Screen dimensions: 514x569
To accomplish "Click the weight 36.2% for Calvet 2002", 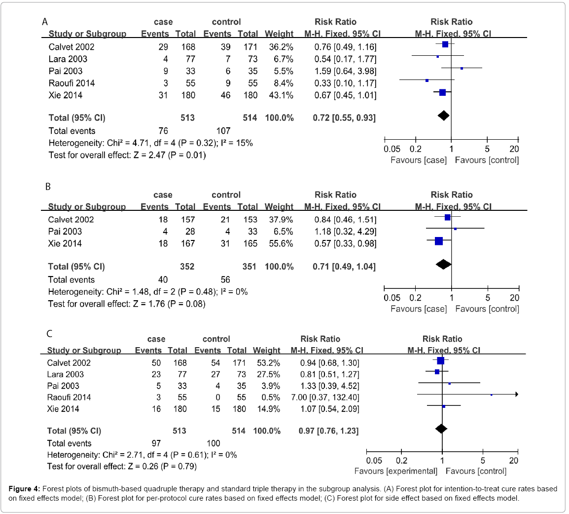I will (x=280, y=47).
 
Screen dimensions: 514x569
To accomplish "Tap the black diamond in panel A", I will (x=443, y=116).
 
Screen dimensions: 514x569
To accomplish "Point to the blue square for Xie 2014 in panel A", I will (x=442, y=92).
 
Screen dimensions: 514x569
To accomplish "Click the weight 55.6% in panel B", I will (x=280, y=243).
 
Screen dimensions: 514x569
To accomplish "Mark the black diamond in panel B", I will (x=444, y=264).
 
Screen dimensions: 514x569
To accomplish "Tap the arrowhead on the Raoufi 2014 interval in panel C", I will (x=516, y=395).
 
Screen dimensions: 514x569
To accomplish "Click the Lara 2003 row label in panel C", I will (x=66, y=374).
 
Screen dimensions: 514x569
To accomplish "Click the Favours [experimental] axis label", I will (x=396, y=471).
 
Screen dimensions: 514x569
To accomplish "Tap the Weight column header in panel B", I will (x=279, y=206).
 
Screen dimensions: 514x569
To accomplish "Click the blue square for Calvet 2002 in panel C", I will (x=441, y=361).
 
